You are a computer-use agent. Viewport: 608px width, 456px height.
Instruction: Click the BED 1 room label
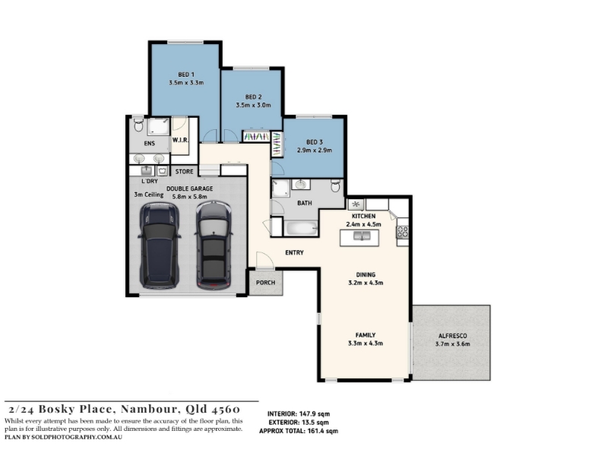tap(186, 74)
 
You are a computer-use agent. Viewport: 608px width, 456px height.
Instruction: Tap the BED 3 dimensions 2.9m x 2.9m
tap(315, 150)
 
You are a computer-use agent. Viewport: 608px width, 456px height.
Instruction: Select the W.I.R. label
tap(180, 140)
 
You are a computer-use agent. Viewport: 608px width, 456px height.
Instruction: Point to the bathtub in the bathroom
tap(301, 228)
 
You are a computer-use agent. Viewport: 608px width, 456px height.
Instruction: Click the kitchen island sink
tap(362, 236)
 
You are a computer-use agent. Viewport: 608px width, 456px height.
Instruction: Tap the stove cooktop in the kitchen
tap(403, 232)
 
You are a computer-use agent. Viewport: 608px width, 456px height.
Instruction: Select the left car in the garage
tap(160, 245)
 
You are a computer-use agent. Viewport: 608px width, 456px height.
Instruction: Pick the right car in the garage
tap(214, 245)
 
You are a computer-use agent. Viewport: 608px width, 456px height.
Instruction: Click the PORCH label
tap(265, 283)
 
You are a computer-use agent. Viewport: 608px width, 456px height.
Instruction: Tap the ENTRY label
tap(294, 252)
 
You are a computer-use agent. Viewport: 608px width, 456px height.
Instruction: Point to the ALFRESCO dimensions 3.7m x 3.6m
tap(452, 344)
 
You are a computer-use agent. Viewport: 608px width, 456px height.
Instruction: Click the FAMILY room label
tap(366, 335)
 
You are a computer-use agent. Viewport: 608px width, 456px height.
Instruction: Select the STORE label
tap(184, 172)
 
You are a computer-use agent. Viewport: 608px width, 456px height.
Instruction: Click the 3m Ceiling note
tap(148, 195)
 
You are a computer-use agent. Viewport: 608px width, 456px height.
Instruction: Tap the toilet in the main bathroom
tap(336, 185)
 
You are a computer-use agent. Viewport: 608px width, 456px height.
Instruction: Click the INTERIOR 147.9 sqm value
tap(315, 413)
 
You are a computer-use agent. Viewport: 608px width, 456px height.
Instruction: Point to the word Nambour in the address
tap(150, 409)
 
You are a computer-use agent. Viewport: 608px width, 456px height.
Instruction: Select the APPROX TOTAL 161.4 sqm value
tap(322, 431)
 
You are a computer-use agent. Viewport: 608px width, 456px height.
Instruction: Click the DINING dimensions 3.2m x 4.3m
tap(366, 283)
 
